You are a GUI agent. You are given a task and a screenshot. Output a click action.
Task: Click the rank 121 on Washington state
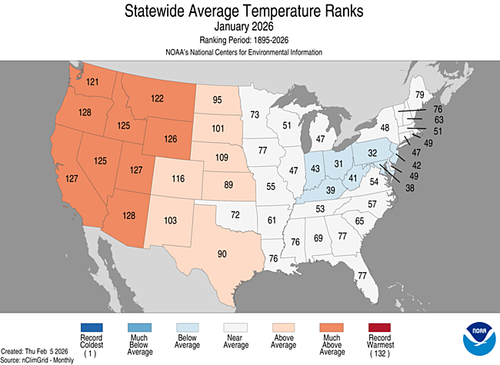[x=94, y=81]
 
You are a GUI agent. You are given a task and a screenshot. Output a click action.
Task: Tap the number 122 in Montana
[x=156, y=98]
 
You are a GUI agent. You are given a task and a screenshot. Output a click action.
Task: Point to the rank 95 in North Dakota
[x=218, y=100]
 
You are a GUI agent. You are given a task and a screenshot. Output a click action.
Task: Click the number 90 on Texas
[x=222, y=254]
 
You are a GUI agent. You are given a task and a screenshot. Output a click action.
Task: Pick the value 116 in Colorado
[x=178, y=178]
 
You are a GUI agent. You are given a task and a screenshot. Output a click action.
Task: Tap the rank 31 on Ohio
[x=338, y=164]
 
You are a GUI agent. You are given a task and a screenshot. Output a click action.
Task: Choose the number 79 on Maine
[x=419, y=95]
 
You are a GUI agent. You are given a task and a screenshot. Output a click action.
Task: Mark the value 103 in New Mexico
[x=170, y=221]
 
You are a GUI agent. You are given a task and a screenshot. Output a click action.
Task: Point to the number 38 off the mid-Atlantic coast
[x=410, y=187]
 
